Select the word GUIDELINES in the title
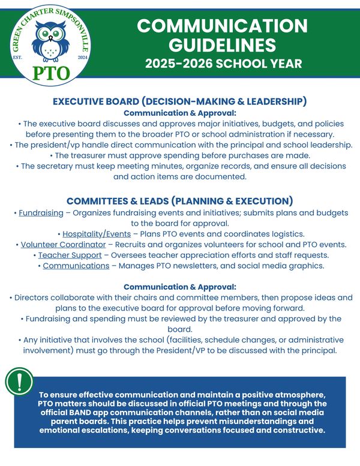point(222,46)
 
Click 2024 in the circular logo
point(82,57)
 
